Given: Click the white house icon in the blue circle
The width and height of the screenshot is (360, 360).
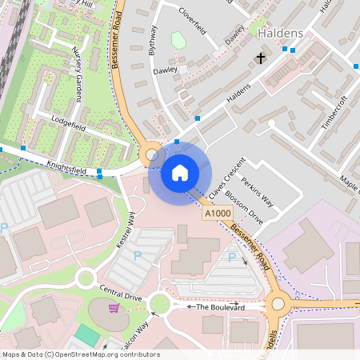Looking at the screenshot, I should pos(180,173).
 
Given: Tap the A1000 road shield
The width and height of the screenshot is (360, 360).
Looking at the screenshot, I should pos(217,214).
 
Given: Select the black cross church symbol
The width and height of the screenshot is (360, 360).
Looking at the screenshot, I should pos(260,58).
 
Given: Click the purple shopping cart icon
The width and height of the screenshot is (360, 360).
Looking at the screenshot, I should pos(114,308).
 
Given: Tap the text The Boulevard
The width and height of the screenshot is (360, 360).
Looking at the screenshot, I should pos(219,306).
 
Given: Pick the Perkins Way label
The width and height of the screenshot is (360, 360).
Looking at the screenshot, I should pos(258,192).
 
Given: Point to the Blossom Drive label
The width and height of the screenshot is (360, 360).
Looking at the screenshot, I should pos(244,206).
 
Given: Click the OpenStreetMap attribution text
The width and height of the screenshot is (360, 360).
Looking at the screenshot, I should pos(80,354).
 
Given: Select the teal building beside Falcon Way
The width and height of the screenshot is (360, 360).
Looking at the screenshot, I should pos(87,334).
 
